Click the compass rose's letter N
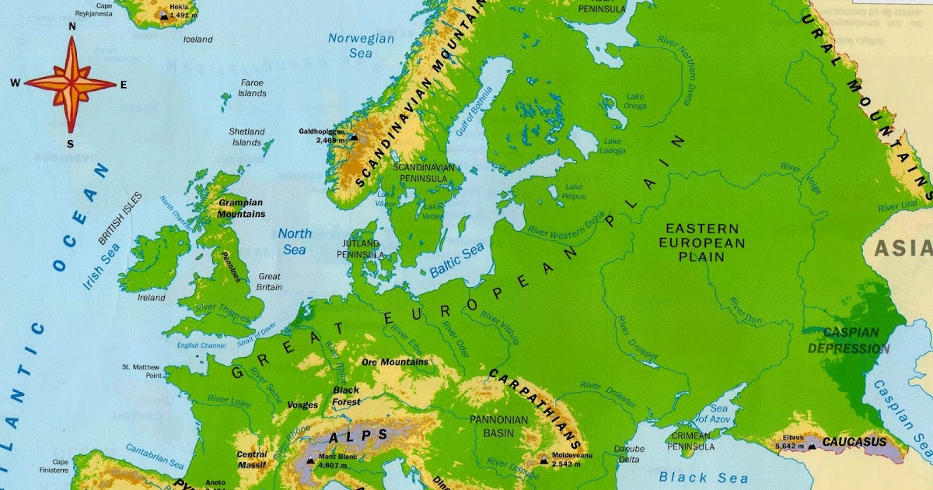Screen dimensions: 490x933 point(72,26)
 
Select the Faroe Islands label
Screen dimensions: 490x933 point(252,88)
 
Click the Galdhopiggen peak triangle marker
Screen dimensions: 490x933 point(354,137)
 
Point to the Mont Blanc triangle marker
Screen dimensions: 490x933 point(310,460)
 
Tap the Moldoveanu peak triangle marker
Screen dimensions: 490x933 point(543,460)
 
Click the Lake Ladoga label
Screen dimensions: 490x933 point(612,145)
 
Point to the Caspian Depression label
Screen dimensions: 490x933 point(848,341)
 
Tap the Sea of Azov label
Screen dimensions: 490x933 point(718,415)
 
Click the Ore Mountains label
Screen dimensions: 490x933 point(395,362)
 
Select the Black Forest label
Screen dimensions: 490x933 point(347,396)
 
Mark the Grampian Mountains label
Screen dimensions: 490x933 point(241,208)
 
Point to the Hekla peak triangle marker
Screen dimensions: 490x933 point(163,14)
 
